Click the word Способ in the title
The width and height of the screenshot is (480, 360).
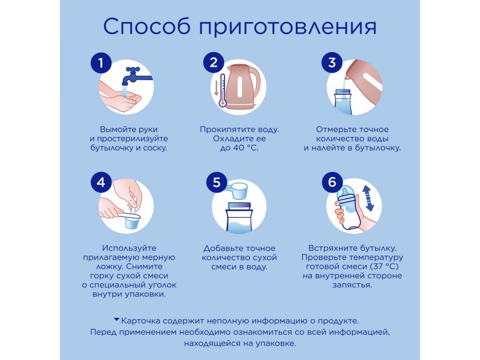(x=147, y=26)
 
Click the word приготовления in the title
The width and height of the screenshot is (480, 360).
(x=288, y=28)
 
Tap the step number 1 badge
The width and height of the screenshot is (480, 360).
(x=100, y=64)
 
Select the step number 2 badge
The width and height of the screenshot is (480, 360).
(x=214, y=63)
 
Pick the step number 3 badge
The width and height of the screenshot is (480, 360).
(x=332, y=63)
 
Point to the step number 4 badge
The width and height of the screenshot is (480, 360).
(x=101, y=182)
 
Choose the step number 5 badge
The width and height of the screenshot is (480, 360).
(x=217, y=182)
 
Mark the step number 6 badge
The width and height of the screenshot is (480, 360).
(x=332, y=182)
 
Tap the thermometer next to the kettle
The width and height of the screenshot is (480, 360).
(x=223, y=91)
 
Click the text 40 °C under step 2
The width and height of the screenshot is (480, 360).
(x=245, y=148)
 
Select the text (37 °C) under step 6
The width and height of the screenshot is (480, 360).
(x=384, y=266)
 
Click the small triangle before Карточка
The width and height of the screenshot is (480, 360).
(x=116, y=320)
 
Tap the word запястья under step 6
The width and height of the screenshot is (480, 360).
(x=352, y=286)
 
